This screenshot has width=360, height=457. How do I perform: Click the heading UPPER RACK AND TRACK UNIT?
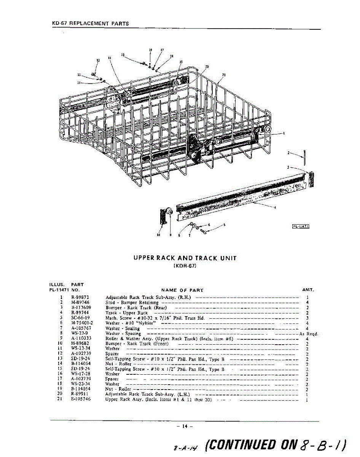pos(185,258)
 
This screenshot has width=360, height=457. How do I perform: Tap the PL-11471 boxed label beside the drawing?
pos(300,227)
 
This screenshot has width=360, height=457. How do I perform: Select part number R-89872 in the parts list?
pos(80,297)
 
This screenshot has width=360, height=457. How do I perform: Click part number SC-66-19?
pos(80,318)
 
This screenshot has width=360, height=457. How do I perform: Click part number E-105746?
pos(81,399)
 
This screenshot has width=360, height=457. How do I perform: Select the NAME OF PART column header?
pos(182,290)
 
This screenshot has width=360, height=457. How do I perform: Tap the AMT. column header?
pos(307,290)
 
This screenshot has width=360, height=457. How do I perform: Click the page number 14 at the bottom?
pos(185,426)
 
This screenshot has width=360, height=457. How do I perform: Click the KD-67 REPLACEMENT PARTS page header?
pos(90,23)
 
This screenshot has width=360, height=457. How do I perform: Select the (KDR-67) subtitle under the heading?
pos(185,266)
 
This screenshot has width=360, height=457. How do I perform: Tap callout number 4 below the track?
pos(275,207)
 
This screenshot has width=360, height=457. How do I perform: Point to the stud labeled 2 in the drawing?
pos(305,157)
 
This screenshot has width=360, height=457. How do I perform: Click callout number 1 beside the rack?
pos(284,133)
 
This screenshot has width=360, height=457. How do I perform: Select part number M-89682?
pos(80,344)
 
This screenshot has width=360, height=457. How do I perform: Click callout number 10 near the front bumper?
pos(158,235)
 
